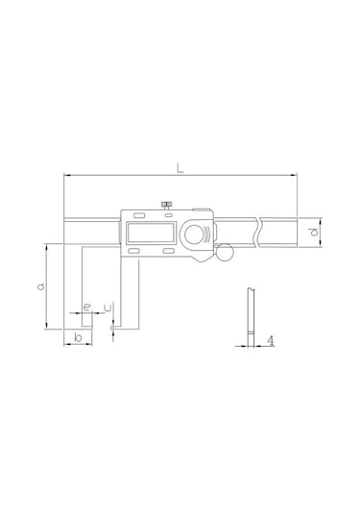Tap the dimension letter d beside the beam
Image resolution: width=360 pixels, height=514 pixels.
pyautogui.click(x=313, y=233)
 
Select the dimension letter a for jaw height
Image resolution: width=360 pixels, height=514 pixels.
pyautogui.click(x=40, y=286)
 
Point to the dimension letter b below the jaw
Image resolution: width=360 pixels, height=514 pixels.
pyautogui.click(x=77, y=338)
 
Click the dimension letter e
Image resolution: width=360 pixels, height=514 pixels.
pyautogui.click(x=87, y=307)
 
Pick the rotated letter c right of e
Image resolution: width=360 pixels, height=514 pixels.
pyautogui.click(x=108, y=307)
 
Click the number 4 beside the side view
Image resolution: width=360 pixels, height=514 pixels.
pyautogui.click(x=273, y=340)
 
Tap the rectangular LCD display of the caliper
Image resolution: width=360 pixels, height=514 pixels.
pyautogui.click(x=148, y=233)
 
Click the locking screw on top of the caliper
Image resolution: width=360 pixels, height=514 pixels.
pyautogui.click(x=166, y=204)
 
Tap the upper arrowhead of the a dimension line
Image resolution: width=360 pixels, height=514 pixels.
pyautogui.click(x=46, y=247)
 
